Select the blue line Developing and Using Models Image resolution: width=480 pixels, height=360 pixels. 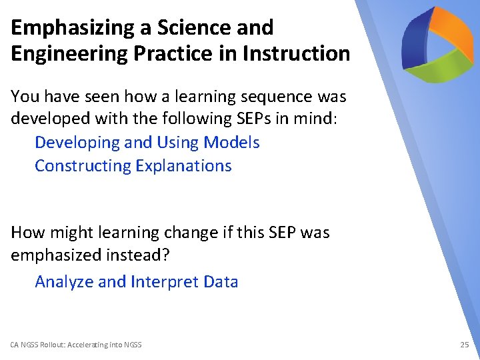[147, 143]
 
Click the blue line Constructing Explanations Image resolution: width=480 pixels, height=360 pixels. [133, 166]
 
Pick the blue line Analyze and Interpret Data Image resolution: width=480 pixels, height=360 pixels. [136, 282]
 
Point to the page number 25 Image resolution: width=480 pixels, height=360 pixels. [465, 345]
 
